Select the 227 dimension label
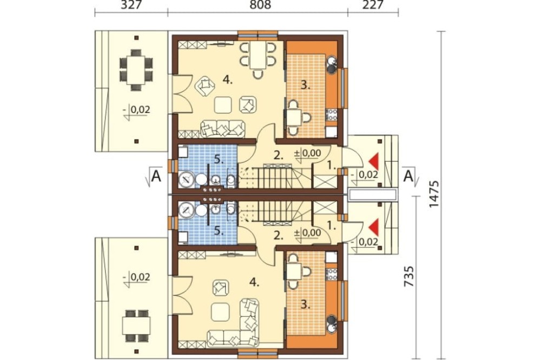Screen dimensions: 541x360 [x=373, y=5]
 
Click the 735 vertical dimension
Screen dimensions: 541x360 [x=409, y=276]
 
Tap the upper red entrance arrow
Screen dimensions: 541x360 [x=374, y=160]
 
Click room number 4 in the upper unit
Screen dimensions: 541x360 [x=227, y=80]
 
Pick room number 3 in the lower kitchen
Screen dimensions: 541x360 [x=305, y=304]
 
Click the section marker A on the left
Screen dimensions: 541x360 [x=156, y=176]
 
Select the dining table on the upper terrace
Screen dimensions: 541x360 [x=136, y=70]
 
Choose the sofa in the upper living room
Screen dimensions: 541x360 [x=223, y=129]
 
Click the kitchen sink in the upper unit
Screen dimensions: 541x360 [x=332, y=64]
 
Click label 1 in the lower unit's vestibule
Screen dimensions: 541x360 [x=331, y=226]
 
